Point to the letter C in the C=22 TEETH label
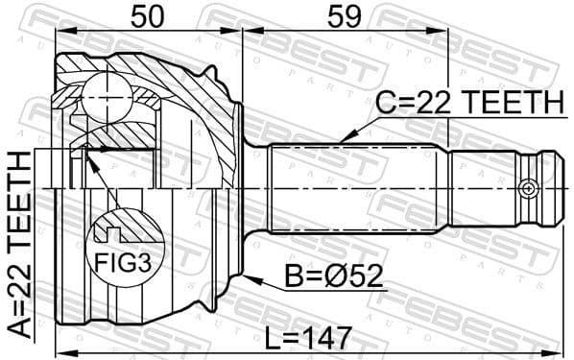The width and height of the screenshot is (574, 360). pyautogui.click(x=385, y=103)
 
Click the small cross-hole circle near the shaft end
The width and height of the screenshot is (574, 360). pyautogui.click(x=526, y=189)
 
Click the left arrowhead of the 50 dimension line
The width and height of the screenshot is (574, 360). pyautogui.click(x=58, y=31)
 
